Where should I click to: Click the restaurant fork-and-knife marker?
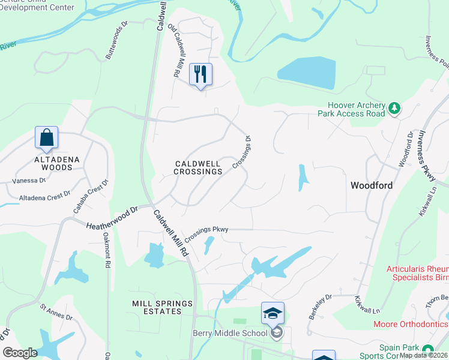click(x=200, y=75)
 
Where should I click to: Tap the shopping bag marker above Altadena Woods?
click(x=47, y=138)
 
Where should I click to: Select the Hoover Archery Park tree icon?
click(x=394, y=108)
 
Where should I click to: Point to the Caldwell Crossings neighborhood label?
click(x=198, y=167)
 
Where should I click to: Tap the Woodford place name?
click(x=372, y=185)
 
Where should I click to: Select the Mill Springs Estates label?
click(x=157, y=307)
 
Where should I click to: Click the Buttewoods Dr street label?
click(x=117, y=40)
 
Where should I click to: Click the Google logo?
click(x=20, y=352)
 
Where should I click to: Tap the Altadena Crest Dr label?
click(x=46, y=196)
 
